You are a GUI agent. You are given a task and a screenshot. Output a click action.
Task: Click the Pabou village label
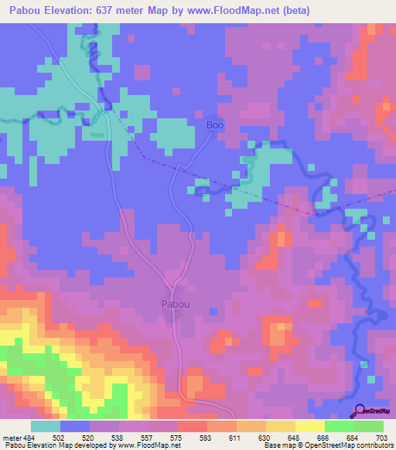(x=176, y=304)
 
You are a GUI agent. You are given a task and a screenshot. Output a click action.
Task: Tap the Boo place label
(x=215, y=124)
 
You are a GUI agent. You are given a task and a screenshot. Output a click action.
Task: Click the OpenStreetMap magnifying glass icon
(x=360, y=411)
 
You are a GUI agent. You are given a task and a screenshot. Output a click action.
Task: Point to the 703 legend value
(x=383, y=438)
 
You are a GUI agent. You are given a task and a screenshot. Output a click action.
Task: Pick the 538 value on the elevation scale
(x=119, y=438)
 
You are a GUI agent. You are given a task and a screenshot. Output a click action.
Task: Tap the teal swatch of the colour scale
(x=45, y=426)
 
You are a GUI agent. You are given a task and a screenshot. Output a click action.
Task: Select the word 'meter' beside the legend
(x=12, y=438)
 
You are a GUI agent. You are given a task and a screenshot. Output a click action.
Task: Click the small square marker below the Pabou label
(x=179, y=314)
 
